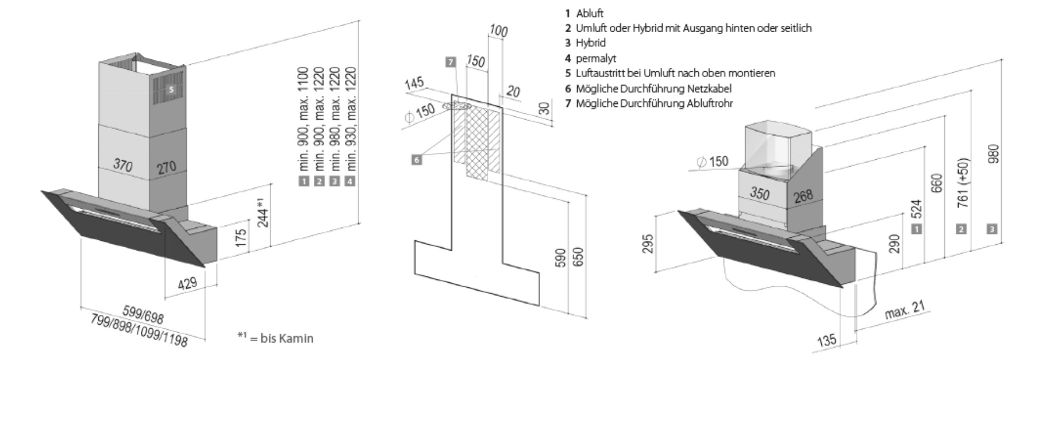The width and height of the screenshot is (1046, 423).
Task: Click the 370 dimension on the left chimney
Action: pos(123,166)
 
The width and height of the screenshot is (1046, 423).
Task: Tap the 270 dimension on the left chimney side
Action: pos(167,168)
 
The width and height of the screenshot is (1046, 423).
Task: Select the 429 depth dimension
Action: pos(187,283)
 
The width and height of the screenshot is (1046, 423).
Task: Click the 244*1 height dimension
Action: pos(263,212)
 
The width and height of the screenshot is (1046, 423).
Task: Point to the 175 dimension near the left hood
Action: pos(241,238)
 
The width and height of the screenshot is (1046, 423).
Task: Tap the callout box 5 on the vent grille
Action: pos(171,90)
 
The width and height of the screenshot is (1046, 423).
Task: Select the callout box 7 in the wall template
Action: pos(451,61)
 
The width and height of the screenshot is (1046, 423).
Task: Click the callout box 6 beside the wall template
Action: pos(417,160)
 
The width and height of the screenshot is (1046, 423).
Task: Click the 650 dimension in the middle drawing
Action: pos(579,256)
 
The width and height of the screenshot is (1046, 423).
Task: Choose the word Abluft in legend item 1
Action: pos(590,13)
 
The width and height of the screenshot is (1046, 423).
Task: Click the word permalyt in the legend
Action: pos(596,58)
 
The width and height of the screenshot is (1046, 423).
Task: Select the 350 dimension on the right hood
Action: pos(760,193)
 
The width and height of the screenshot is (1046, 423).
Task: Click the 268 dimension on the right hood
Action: pos(803,196)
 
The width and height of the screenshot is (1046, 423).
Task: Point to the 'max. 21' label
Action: pos(905,310)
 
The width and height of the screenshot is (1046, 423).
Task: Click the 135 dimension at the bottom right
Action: pos(826,340)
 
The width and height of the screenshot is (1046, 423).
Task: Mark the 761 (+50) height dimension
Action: pos(964,183)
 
